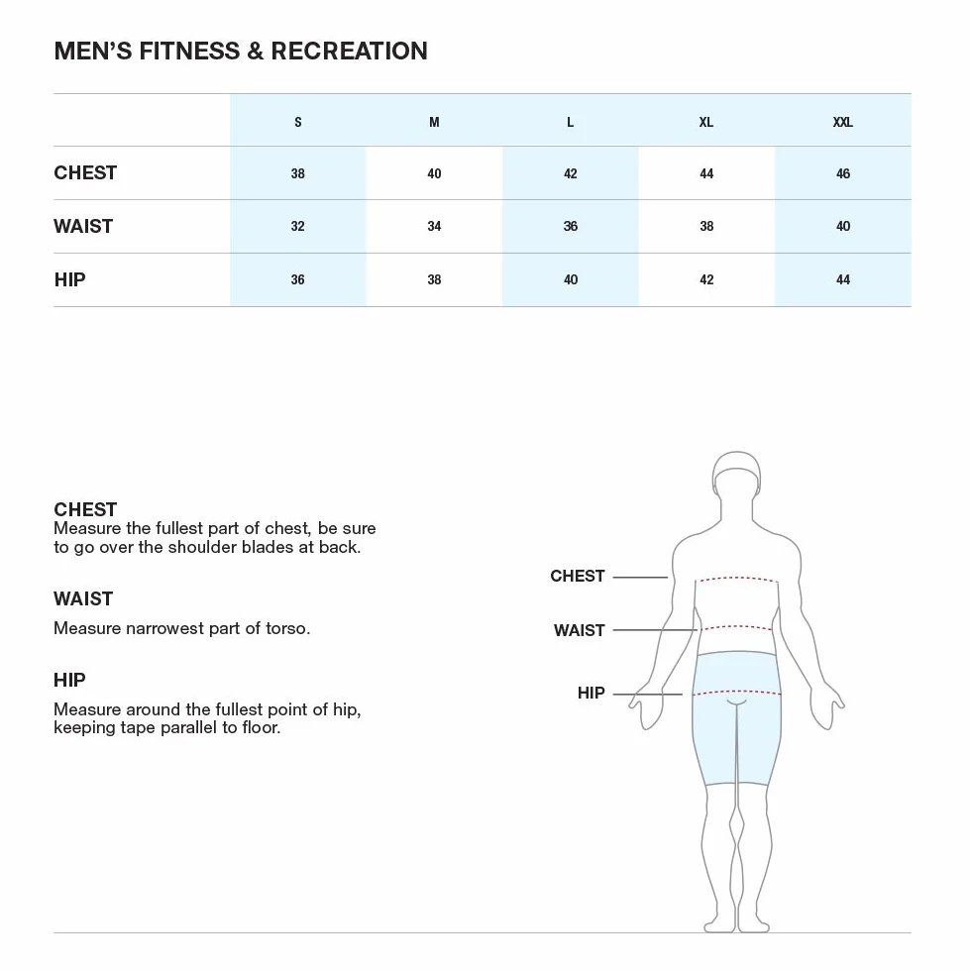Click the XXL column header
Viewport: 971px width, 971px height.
(x=842, y=122)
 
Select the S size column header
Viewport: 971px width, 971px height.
(x=298, y=122)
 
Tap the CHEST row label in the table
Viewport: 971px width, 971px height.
(x=85, y=172)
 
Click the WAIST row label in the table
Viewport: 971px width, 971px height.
(x=83, y=226)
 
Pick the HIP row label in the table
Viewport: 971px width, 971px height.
(x=70, y=279)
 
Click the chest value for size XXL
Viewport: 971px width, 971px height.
(x=843, y=173)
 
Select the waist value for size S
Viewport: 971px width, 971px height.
(x=298, y=226)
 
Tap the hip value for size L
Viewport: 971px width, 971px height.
(x=571, y=279)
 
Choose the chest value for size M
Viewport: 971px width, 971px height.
(x=434, y=173)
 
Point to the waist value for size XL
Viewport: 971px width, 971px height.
(x=706, y=226)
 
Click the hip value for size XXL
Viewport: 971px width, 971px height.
(x=843, y=279)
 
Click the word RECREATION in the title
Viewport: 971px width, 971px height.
(x=349, y=51)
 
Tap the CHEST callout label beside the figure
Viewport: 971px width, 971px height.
(x=577, y=576)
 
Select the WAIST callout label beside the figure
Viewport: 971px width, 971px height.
(x=579, y=630)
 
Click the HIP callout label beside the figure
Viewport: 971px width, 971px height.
(x=591, y=693)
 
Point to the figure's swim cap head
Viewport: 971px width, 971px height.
(x=736, y=474)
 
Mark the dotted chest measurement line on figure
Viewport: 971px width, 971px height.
(x=737, y=579)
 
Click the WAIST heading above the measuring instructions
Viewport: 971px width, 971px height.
(x=83, y=598)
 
